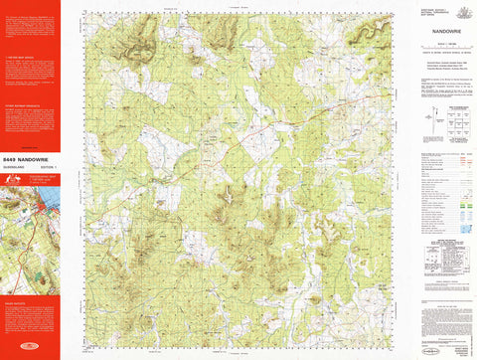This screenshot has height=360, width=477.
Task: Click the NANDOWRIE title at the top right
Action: pyautogui.click(x=439, y=31)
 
